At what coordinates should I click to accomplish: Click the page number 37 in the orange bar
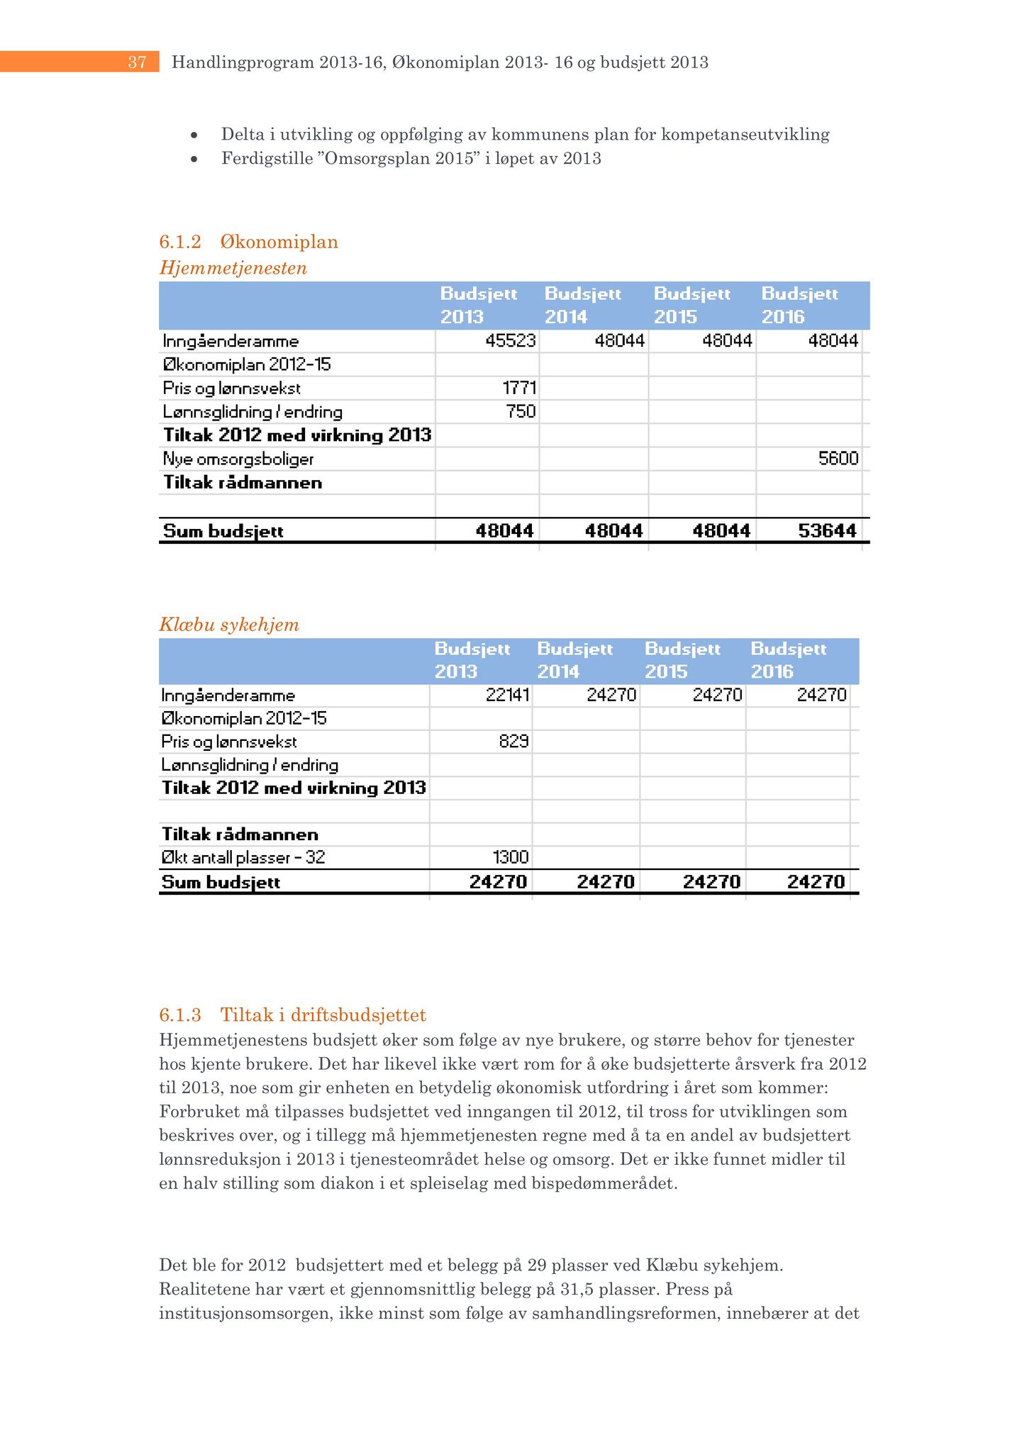pos(137,62)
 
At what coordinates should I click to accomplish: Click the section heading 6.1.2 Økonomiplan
pos(248,242)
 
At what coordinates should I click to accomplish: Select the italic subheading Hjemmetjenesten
pos(233,268)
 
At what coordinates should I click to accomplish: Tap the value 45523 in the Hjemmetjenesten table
pos(511,341)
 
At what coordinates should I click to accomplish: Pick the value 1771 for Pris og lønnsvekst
pos(520,388)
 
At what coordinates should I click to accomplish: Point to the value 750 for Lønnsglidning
pos(521,411)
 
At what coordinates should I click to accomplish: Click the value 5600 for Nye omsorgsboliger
pos(838,459)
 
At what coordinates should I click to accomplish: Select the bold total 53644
pos(827,530)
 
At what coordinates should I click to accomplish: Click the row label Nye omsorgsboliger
pos(238,459)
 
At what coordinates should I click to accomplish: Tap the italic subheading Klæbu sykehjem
pos(229,625)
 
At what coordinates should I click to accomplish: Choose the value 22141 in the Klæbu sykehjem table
pos(507,695)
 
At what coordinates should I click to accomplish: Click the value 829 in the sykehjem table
pos(513,742)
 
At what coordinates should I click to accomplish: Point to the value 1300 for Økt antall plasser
pos(511,857)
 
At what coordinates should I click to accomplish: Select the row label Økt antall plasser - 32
pos(243,857)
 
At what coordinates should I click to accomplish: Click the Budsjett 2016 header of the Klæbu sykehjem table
pos(788,660)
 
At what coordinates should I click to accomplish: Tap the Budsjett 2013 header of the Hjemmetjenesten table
pos(479,305)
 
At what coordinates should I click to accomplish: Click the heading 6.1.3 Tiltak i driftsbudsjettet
pos(292,1015)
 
